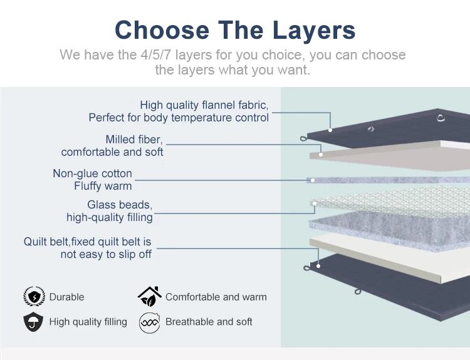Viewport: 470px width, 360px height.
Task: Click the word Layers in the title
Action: coord(314,30)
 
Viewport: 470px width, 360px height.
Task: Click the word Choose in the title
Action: coord(162,29)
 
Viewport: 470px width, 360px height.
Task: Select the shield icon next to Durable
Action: coord(34,296)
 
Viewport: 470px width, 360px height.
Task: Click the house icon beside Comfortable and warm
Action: coord(149,296)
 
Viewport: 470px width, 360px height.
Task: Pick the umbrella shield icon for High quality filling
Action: coord(33,322)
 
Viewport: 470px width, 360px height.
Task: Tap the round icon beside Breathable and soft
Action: coord(149,323)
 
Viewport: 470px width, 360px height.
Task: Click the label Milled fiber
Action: coord(134,140)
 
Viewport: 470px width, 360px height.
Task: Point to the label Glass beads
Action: coord(120,205)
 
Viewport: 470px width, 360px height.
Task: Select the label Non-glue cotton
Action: coord(92,173)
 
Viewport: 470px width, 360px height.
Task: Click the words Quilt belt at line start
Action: coord(46,242)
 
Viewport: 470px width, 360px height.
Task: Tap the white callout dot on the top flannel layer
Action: coord(330,130)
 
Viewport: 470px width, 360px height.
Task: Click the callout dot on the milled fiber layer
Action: coord(321,155)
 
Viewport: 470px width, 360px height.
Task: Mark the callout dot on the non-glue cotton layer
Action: coord(313,180)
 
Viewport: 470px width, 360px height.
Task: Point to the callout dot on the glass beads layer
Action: coord(315,203)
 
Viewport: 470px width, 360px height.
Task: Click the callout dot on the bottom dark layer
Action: coord(318,266)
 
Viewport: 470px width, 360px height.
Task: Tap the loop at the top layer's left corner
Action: coord(304,138)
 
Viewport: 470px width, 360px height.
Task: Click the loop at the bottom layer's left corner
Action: coord(306,268)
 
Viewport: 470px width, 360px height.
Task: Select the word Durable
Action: coord(66,297)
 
